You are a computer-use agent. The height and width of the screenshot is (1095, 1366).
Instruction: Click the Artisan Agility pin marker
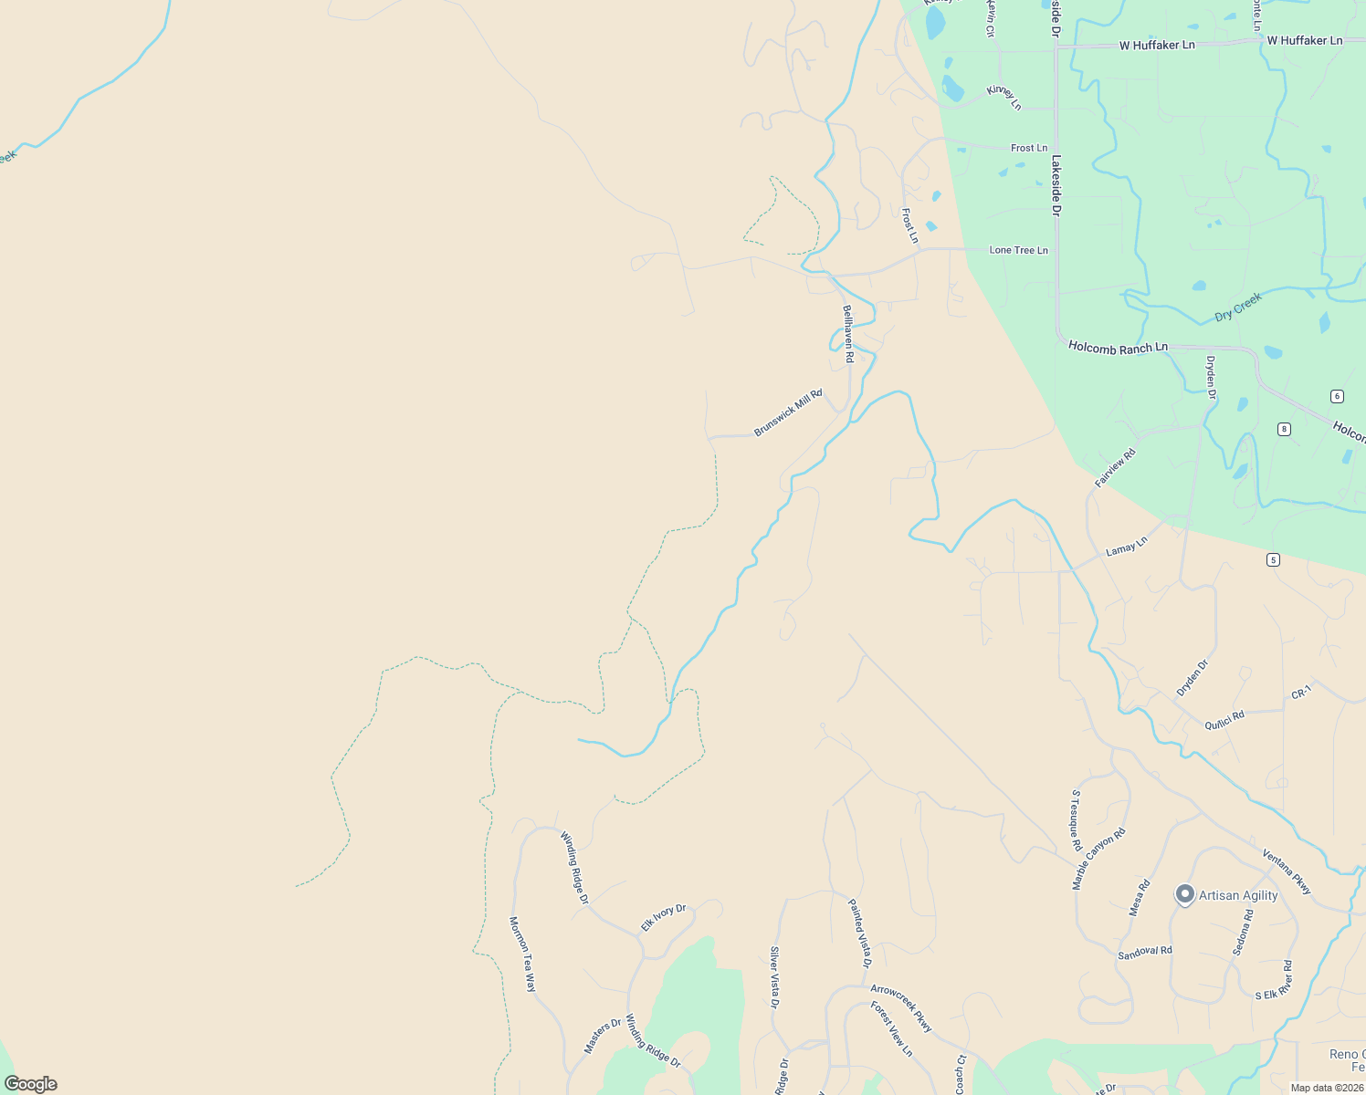[x=1184, y=894]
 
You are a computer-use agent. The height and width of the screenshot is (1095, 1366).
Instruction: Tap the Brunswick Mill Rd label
[x=788, y=412]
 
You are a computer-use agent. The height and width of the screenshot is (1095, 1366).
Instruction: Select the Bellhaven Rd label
[x=847, y=334]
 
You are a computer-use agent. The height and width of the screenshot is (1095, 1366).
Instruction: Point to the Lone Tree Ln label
[x=1018, y=250]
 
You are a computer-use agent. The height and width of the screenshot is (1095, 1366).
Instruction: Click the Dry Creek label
[x=1238, y=307]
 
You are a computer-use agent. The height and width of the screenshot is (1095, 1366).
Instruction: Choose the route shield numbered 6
[x=1337, y=396]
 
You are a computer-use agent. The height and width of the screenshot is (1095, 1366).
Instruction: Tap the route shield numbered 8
[x=1284, y=429]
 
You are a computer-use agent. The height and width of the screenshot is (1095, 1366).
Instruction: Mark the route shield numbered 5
[x=1273, y=559]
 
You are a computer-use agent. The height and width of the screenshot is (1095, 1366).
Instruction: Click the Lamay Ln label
[x=1126, y=546]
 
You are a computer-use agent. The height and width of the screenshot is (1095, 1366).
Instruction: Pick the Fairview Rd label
[x=1115, y=467]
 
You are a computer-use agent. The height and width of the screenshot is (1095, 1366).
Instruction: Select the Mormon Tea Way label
[x=522, y=954]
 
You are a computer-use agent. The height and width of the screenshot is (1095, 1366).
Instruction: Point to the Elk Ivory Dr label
[x=663, y=918]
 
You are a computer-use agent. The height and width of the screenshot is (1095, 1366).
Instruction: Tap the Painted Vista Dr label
[x=860, y=933]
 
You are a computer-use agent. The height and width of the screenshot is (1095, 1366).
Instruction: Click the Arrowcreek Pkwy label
[x=901, y=1008]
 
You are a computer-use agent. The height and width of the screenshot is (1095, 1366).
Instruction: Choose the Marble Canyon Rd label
[x=1098, y=859]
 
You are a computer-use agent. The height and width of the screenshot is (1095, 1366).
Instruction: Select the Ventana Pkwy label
[x=1287, y=871]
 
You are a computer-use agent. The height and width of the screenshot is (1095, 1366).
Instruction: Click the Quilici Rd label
[x=1224, y=721]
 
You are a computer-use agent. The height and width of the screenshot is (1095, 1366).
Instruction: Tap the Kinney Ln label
[x=1003, y=98]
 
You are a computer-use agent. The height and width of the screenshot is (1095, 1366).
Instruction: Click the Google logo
[x=31, y=1084]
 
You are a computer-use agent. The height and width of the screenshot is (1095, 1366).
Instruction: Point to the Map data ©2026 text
[x=1326, y=1088]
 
